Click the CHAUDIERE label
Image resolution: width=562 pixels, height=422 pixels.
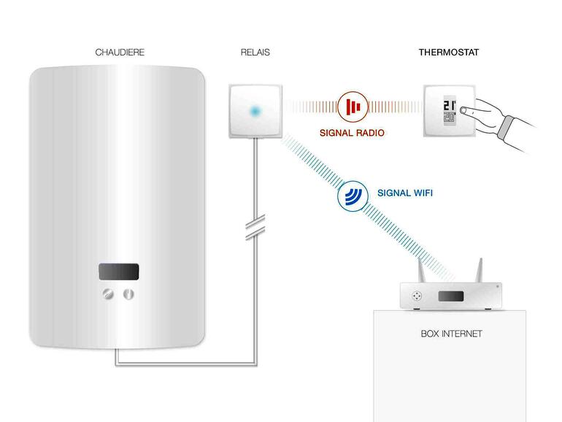point(120,53)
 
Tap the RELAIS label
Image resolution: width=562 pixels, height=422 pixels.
point(255,53)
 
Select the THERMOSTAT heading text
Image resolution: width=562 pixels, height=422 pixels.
point(448,53)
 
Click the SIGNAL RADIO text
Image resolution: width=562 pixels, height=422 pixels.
point(353,134)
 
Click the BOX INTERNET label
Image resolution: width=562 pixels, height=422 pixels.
point(451,334)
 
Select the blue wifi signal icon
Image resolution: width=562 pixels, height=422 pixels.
point(353,195)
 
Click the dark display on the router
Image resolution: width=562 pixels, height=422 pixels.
point(450,296)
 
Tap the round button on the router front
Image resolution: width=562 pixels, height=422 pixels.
point(417,296)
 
